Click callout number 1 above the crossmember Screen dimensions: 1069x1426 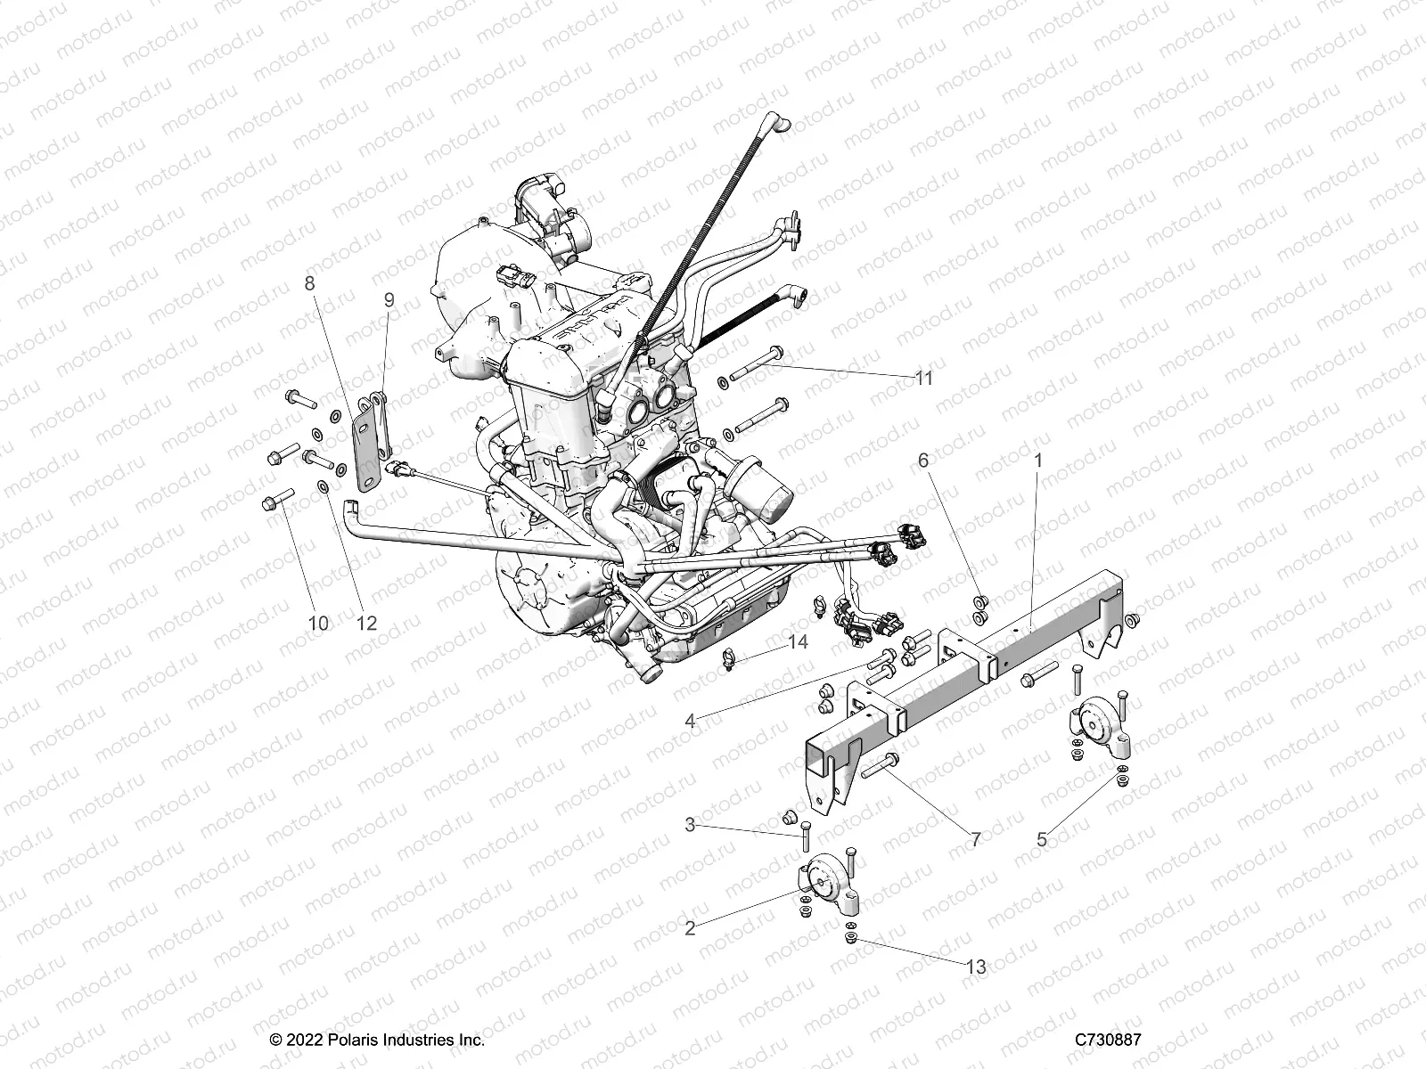1037,461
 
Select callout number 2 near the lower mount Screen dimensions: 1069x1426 690,928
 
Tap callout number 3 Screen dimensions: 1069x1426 690,825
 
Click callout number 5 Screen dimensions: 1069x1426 1042,838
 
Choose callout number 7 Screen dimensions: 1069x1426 975,839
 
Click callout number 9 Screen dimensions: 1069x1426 389,300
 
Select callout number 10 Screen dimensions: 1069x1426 318,623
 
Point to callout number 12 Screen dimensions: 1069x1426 366,623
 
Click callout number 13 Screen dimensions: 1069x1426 976,967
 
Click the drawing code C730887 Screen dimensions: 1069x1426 1108,1040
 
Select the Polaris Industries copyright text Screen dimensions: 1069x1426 377,1040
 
